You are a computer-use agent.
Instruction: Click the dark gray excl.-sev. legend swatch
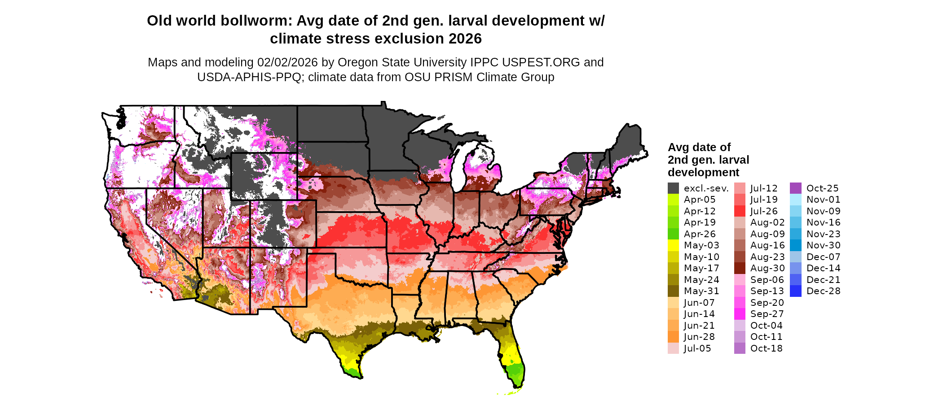[673, 188]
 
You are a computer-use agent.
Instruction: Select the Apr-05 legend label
[700, 200]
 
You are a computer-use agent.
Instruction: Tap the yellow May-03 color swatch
[673, 245]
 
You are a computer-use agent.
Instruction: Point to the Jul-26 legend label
[764, 211]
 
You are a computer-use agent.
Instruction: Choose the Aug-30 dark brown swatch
[740, 268]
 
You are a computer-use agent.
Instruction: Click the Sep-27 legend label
[767, 314]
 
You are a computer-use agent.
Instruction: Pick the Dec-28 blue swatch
[795, 291]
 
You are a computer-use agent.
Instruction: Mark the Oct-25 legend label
[822, 188]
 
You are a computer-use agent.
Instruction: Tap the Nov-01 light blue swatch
[795, 200]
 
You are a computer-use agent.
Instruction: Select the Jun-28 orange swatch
[673, 337]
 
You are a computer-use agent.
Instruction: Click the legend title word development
[703, 173]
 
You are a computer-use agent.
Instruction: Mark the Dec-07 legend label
[823, 257]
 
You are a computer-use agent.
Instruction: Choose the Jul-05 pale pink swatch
[673, 348]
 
